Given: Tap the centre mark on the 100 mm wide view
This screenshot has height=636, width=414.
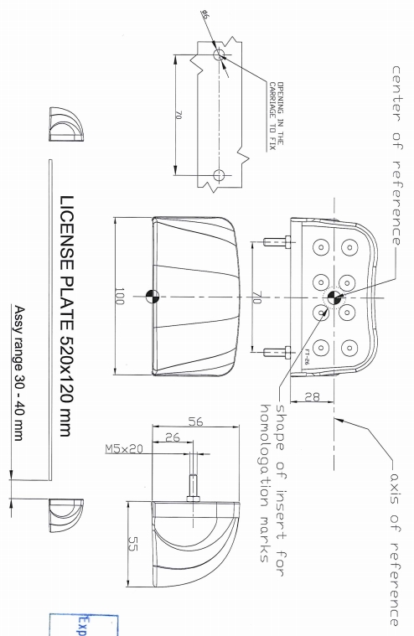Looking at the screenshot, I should [153, 294].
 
